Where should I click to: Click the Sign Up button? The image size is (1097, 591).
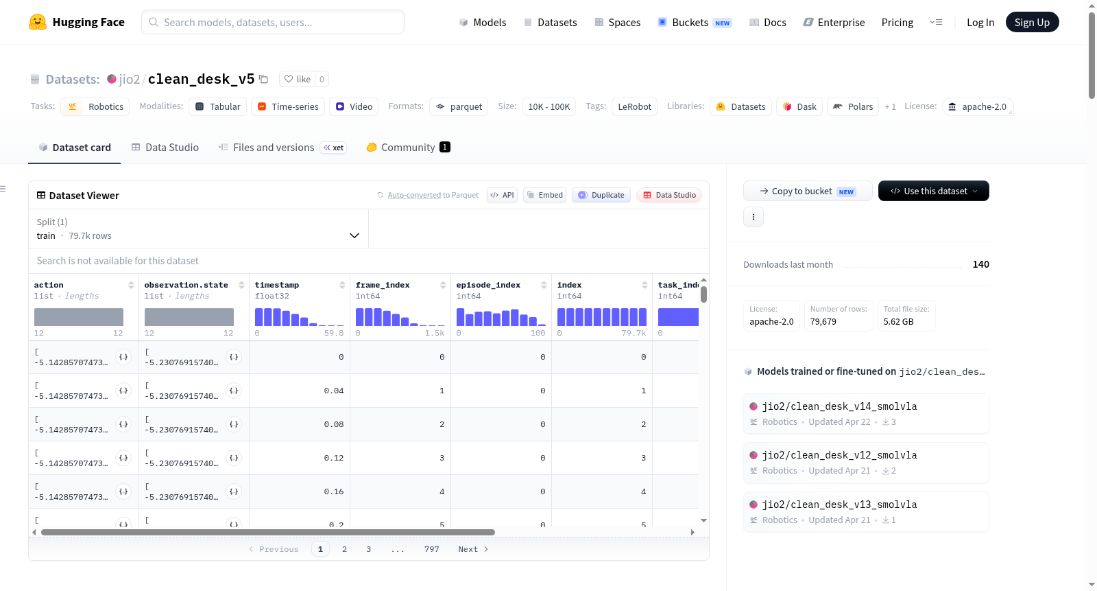pos(1032,22)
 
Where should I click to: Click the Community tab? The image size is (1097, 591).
pos(408,147)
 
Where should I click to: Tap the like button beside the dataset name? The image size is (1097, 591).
pos(298,79)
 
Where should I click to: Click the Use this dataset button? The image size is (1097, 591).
pos(933,191)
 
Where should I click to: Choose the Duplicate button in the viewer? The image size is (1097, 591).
pos(601,195)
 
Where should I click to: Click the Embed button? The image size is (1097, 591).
pos(544,195)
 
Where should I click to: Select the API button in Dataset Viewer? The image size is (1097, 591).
pos(502,195)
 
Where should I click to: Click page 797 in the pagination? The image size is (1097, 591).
pos(431,549)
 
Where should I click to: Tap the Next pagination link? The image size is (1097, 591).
pos(473,549)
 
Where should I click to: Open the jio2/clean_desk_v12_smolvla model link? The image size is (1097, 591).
pos(839,455)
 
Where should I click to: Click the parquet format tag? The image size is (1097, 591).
pos(459,106)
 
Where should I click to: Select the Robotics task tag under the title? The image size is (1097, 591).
pos(95,106)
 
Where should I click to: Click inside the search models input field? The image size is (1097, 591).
pos(273,22)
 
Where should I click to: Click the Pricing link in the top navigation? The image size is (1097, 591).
pos(897,22)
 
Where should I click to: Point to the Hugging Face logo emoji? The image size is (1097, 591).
pos(37,22)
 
